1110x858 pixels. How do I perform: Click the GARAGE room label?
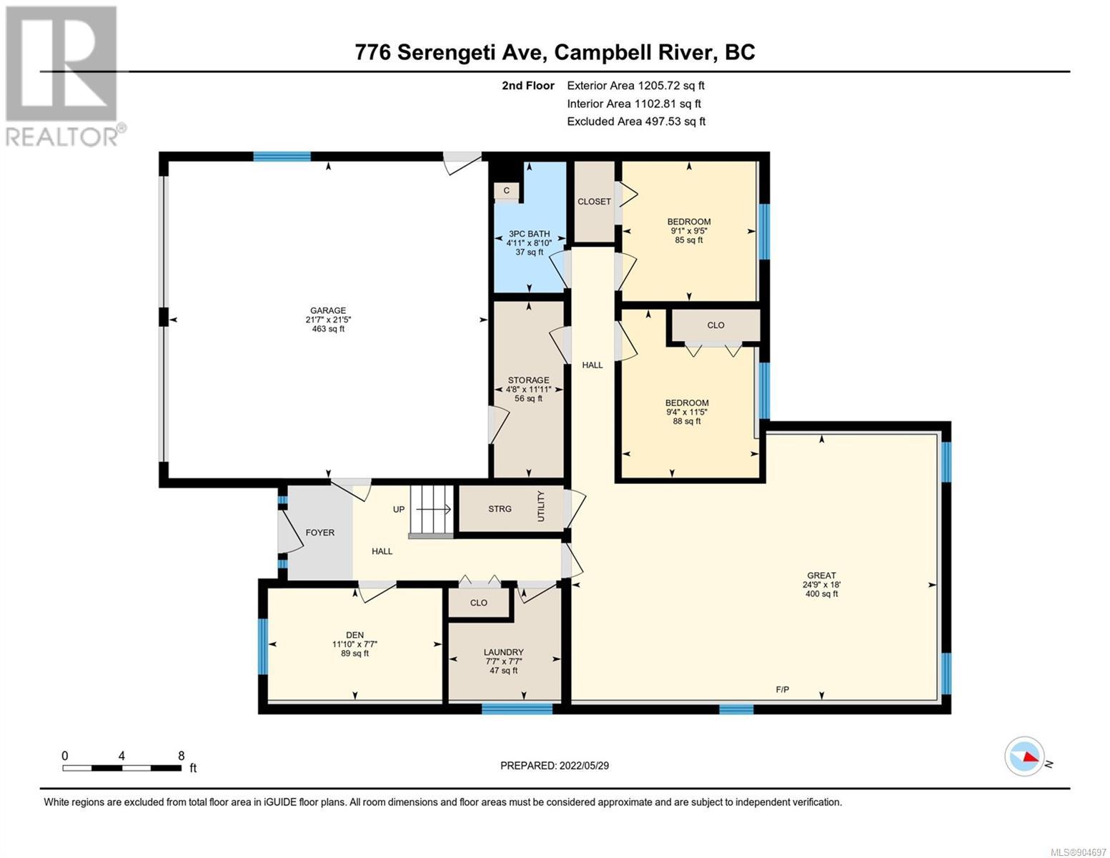328,310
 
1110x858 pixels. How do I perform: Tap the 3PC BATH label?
529,234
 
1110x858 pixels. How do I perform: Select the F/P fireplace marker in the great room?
782,689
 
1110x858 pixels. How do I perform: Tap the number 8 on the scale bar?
181,755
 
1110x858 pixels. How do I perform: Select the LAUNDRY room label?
504,652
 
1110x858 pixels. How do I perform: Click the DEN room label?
355,635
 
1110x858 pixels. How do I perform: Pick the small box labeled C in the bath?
506,191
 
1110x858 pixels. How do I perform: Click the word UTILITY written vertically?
541,506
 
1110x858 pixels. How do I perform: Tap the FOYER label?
320,533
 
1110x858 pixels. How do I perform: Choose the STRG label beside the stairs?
500,508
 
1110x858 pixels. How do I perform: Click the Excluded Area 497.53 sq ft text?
636,122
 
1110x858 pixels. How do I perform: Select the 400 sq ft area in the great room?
821,593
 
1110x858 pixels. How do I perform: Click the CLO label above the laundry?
479,603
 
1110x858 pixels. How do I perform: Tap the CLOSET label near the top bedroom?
594,202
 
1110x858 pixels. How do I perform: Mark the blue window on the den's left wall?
262,646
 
